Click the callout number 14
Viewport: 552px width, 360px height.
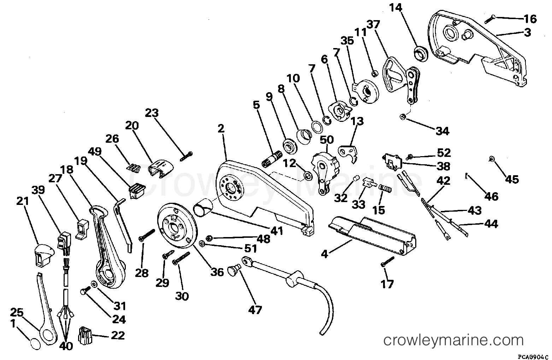pos(396,8)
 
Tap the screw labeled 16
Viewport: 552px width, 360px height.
pos(491,19)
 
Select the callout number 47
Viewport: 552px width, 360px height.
pos(255,309)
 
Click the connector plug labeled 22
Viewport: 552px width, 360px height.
pos(85,335)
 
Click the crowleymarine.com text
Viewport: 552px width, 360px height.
pos(454,340)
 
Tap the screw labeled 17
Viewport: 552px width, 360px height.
pos(388,261)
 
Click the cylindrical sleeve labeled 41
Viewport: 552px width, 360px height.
pos(204,209)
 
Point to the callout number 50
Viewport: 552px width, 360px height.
pos(327,140)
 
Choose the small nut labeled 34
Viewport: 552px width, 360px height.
pos(402,117)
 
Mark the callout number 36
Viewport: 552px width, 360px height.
pos(217,272)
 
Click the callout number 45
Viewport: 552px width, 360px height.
pos(512,179)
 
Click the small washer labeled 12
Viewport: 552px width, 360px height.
pos(308,176)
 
